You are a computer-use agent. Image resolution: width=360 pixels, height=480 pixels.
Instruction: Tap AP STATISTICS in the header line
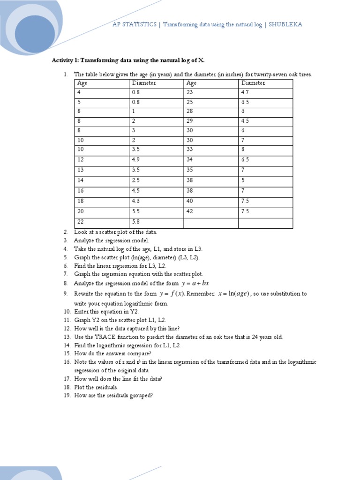click(135, 24)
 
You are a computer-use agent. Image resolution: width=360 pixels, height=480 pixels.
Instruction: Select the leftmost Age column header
click(82, 83)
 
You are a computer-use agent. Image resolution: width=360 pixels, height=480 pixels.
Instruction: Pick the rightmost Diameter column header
click(253, 83)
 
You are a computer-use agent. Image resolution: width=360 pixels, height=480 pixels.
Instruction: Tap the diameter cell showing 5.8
click(136, 222)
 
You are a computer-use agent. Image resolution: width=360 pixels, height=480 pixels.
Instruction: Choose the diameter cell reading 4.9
click(136, 160)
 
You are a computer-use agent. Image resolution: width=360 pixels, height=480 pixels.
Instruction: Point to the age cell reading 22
click(81, 222)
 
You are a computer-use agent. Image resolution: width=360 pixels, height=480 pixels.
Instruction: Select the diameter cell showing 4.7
click(246, 92)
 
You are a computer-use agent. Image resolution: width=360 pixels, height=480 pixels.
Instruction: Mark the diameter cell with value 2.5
click(136, 180)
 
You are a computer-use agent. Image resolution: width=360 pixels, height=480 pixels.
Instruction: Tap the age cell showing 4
click(79, 92)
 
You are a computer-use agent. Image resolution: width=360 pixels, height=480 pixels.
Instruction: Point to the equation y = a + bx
click(195, 283)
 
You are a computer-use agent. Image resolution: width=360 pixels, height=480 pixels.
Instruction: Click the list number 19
click(67, 395)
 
